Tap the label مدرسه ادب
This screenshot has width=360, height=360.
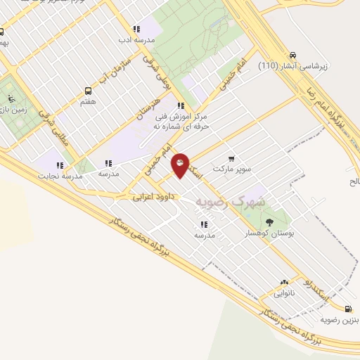[x=134, y=41]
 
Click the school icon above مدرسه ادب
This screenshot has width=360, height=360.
[x=136, y=30]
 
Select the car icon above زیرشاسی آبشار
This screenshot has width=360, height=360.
[x=292, y=55]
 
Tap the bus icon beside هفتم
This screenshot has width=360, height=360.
[x=87, y=91]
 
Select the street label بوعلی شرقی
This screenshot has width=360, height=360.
[x=159, y=72]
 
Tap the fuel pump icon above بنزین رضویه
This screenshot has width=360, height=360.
[x=349, y=308]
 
